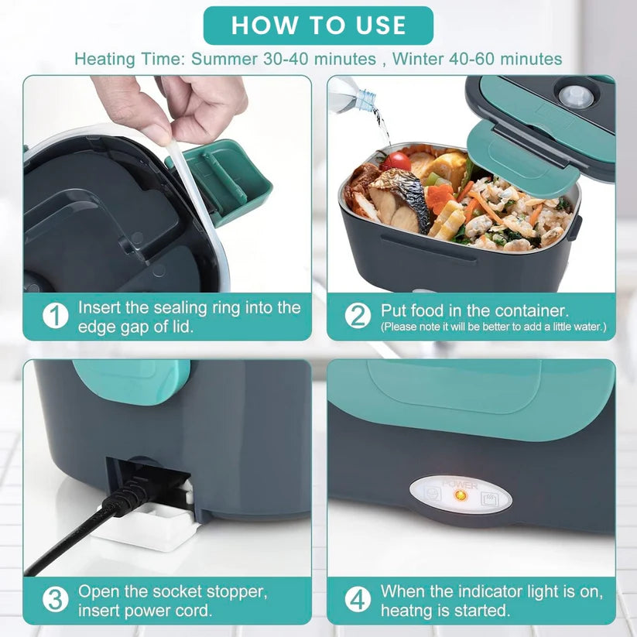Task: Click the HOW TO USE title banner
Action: [318, 26]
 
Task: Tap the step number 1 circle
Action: [54, 316]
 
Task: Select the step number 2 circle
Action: [358, 316]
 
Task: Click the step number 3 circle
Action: [54, 600]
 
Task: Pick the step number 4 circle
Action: [358, 600]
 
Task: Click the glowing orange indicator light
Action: [459, 493]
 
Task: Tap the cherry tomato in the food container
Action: [396, 161]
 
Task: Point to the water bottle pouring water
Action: [351, 98]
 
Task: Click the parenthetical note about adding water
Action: [493, 327]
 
